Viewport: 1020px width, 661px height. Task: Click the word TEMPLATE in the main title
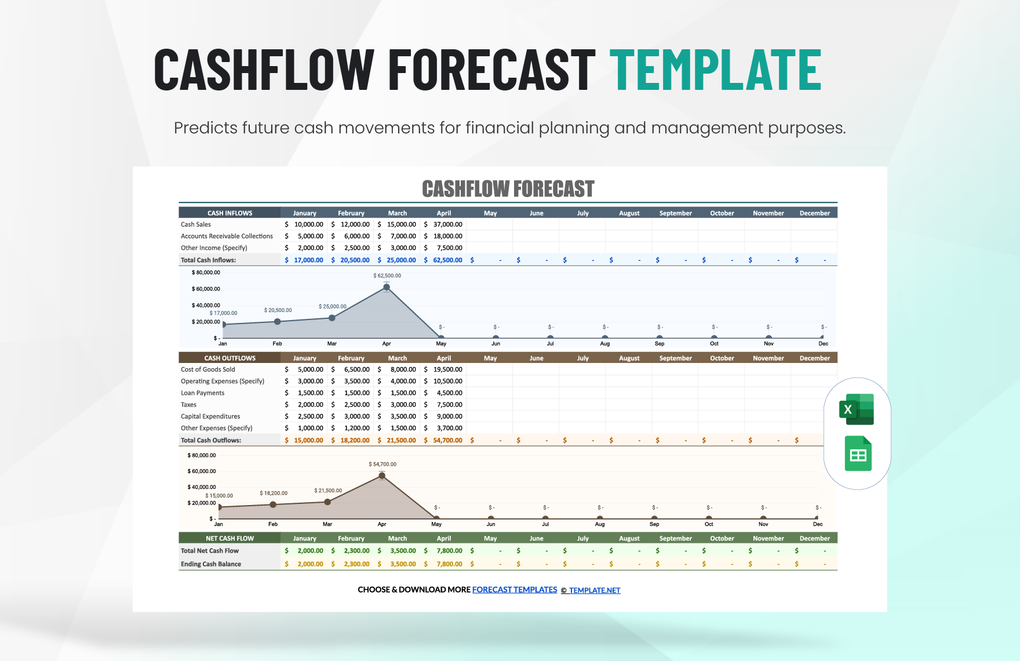715,70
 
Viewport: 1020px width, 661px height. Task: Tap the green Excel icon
857,409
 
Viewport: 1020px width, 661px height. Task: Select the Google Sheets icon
858,453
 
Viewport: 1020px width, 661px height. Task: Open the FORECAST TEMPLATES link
515,590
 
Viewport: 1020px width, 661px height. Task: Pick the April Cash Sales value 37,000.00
447,224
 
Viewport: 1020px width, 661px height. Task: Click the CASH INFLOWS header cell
230,213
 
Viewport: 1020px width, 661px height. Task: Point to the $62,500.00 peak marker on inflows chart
387,287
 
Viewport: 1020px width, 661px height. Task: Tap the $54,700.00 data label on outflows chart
382,464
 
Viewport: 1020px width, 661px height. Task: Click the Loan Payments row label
202,393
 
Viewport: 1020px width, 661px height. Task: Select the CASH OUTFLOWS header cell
230,358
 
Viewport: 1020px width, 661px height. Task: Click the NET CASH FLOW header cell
230,539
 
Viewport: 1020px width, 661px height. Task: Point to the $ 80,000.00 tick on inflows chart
206,273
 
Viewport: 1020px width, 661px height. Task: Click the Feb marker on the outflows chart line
273,504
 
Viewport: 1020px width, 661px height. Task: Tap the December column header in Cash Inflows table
814,213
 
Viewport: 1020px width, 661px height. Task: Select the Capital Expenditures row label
210,416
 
